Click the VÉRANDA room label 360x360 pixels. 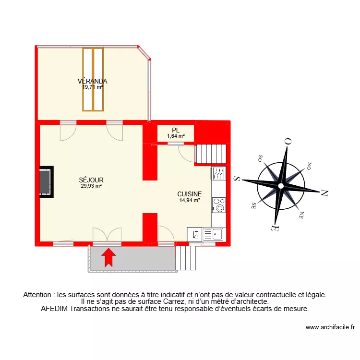pyautogui.click(x=94, y=81)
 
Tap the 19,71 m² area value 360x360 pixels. pyautogui.click(x=93, y=87)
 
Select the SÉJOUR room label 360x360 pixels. pyautogui.click(x=91, y=180)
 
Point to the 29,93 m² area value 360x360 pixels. pyautogui.click(x=91, y=186)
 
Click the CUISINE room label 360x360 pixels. pyautogui.click(x=190, y=194)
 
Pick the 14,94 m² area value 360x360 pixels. pyautogui.click(x=190, y=201)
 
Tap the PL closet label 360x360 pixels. pyautogui.click(x=176, y=130)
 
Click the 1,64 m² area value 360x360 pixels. pyautogui.click(x=176, y=136)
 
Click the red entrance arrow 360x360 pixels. pyautogui.click(x=109, y=257)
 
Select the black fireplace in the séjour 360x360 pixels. pyautogui.click(x=47, y=181)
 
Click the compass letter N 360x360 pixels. pyautogui.click(x=324, y=194)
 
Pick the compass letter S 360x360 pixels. pyautogui.click(x=236, y=179)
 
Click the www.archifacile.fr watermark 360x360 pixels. pyautogui.click(x=330, y=327)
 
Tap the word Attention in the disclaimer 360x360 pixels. pyautogui.click(x=37, y=294)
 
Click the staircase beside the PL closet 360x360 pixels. pyautogui.click(x=211, y=154)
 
